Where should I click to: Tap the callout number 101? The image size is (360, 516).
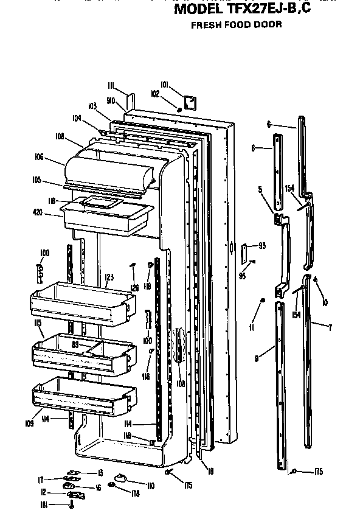(164, 84)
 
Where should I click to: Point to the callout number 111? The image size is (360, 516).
(112, 85)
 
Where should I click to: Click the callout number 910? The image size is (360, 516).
(111, 100)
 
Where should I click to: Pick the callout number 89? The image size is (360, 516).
(76, 344)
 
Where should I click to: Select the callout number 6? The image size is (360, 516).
(268, 124)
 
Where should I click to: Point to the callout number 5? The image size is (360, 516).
(260, 189)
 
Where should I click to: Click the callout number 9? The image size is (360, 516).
(257, 359)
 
